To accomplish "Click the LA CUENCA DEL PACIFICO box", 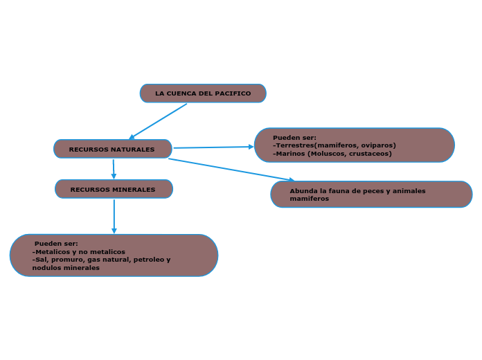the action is coord(203,93).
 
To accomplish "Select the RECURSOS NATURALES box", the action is coord(113,149).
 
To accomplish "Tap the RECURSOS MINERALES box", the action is coord(114,189).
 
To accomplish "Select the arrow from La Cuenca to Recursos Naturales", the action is coord(158,121).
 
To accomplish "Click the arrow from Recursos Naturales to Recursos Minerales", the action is coord(114,169).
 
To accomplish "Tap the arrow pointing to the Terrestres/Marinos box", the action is coord(213,147).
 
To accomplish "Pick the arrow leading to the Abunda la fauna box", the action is coord(231,170).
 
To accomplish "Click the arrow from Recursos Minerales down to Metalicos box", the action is coord(114,217).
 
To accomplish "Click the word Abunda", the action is coord(299,191).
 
